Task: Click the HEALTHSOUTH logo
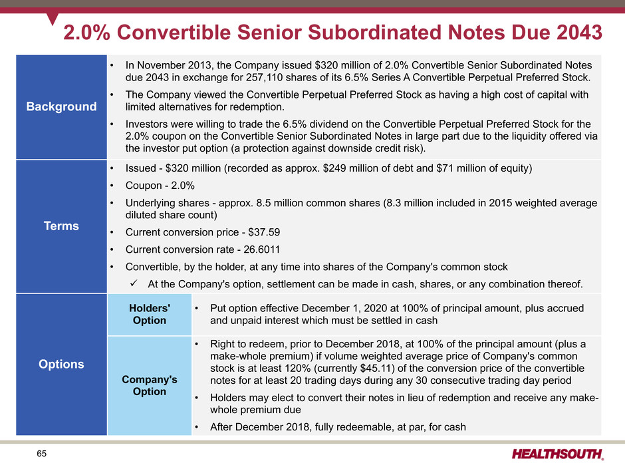click(x=558, y=454)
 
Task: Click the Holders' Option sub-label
click(x=150, y=314)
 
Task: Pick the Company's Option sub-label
click(x=150, y=385)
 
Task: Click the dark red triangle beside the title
click(x=52, y=19)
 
